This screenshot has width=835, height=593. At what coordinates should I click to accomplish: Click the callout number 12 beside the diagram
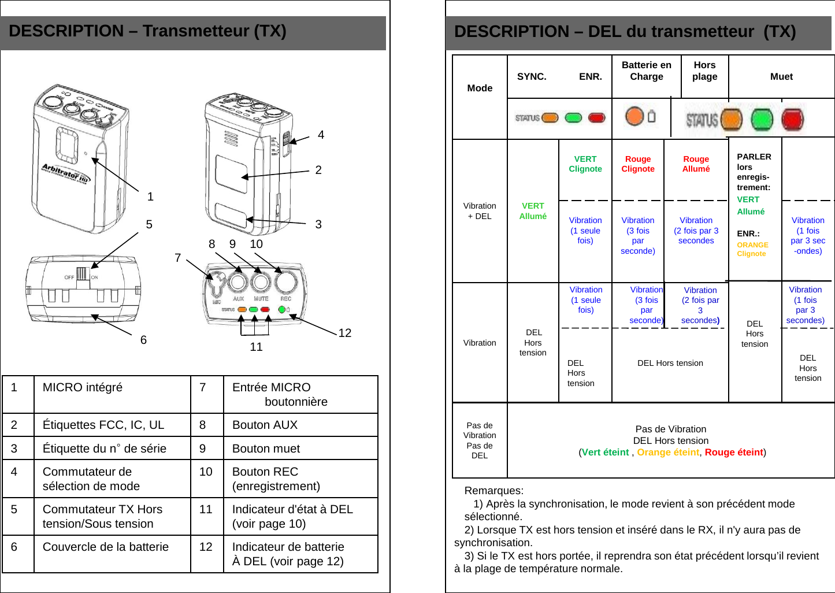[344, 333]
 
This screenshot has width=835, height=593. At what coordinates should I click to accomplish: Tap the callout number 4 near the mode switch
[321, 135]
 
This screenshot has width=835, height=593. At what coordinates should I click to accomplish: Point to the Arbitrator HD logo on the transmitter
[65, 172]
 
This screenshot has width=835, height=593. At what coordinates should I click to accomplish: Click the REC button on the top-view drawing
[285, 282]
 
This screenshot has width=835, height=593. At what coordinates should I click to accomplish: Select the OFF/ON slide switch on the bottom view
[82, 274]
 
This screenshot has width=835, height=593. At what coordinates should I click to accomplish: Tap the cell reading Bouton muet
[266, 449]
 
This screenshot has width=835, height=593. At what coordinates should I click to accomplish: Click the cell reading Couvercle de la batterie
[106, 547]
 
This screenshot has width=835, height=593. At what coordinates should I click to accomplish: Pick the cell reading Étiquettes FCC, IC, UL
[103, 425]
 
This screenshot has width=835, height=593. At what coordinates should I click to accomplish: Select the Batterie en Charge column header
[646, 71]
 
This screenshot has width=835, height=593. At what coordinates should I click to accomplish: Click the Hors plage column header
[704, 71]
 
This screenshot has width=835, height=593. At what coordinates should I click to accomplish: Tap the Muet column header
[781, 76]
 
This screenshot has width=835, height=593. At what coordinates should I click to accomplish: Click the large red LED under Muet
[792, 120]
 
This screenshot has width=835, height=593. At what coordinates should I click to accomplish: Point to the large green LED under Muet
[762, 120]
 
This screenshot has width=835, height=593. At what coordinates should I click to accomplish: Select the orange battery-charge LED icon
[634, 116]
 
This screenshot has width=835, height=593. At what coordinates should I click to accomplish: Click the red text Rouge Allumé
[696, 164]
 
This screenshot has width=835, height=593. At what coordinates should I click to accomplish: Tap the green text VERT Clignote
[585, 164]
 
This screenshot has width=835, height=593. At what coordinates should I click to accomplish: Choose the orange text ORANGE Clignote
[752, 249]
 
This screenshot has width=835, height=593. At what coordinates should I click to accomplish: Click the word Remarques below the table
[493, 491]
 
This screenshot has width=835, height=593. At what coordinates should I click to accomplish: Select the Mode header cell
[480, 88]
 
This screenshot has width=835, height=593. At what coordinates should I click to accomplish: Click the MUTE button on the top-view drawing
[261, 283]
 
